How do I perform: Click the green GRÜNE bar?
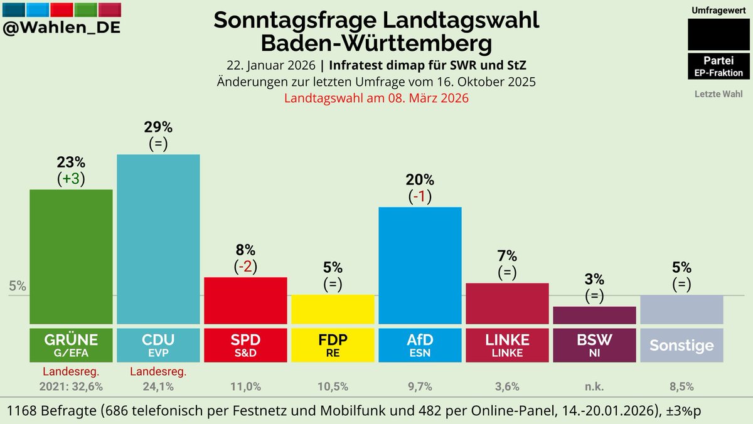point(71,256)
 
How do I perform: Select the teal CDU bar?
point(158,238)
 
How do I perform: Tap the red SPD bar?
point(245,300)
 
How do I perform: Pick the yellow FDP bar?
point(333,309)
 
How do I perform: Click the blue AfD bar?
point(420,265)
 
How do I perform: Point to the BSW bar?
point(594,315)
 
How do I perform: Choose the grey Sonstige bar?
point(681,309)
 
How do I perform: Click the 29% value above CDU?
point(158,127)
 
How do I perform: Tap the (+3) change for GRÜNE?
point(71,179)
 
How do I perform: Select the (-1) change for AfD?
point(420,196)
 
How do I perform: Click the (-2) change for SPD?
point(245,267)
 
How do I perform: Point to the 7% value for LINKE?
point(507,256)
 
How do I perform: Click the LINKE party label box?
point(507,344)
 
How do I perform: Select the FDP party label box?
point(333,344)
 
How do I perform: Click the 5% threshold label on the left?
point(18,286)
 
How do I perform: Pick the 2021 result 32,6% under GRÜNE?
point(71,386)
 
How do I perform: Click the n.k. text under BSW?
point(594,386)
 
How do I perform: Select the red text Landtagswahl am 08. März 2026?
point(376,98)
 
